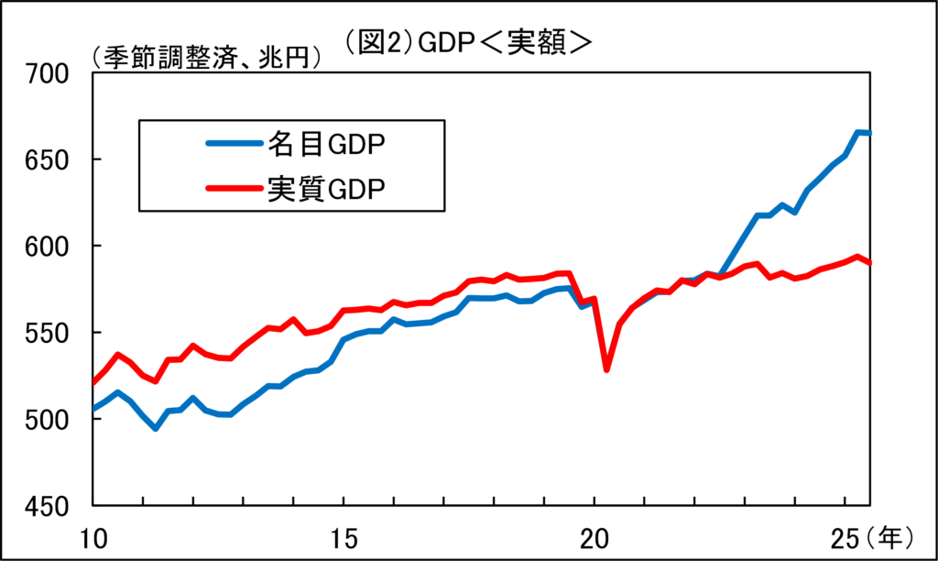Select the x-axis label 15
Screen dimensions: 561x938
344,534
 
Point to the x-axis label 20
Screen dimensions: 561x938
594,534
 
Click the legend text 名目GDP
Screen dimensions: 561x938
326,143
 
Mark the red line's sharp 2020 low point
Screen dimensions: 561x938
606,369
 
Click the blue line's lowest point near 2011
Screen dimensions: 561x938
156,428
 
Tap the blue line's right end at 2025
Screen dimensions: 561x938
869,133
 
